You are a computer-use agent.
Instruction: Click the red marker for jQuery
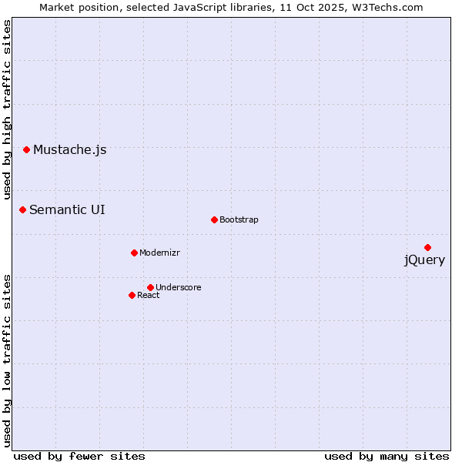427,247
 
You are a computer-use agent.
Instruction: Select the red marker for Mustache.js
26,149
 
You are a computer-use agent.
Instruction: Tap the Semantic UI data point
22,209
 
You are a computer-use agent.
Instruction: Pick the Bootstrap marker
214,219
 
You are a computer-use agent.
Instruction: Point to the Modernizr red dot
134,253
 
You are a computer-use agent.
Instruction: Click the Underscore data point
150,287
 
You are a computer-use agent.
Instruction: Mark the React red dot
132,295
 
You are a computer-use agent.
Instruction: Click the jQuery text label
424,260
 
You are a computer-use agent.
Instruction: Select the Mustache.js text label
69,150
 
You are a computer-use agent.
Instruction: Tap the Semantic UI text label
67,210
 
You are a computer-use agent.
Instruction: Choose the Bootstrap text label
239,220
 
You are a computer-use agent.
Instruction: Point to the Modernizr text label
159,253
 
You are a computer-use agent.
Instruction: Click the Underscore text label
178,288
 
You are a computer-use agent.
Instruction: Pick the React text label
149,296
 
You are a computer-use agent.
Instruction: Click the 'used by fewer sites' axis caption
79,456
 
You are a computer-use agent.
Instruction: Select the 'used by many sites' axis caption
387,456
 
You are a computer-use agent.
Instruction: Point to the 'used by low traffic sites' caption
7,360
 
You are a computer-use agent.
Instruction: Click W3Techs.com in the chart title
388,8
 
